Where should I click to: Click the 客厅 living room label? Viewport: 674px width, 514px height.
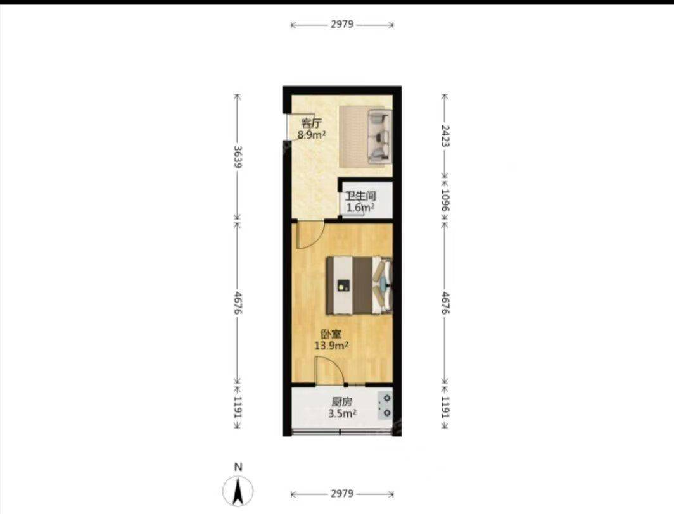(311, 123)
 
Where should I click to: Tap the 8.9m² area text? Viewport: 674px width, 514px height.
(312, 135)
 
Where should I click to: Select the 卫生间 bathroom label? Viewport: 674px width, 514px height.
(361, 197)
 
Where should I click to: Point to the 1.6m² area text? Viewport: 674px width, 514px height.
(360, 208)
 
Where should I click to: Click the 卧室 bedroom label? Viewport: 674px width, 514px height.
(331, 334)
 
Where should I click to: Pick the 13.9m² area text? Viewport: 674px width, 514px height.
(331, 346)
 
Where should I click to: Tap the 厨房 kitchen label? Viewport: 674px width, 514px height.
(342, 403)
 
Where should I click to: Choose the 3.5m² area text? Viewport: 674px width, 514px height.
(342, 413)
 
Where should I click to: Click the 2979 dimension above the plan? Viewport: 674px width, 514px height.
(342, 25)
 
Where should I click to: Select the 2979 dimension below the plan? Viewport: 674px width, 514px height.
(342, 494)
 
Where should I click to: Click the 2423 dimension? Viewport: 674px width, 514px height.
(445, 136)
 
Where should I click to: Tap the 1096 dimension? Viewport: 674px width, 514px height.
(445, 201)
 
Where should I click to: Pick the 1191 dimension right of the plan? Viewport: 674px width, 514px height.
(445, 407)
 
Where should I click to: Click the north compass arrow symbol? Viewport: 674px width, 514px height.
(238, 491)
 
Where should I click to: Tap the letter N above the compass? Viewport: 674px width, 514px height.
(238, 467)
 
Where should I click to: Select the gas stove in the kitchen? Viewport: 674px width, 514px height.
(385, 406)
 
